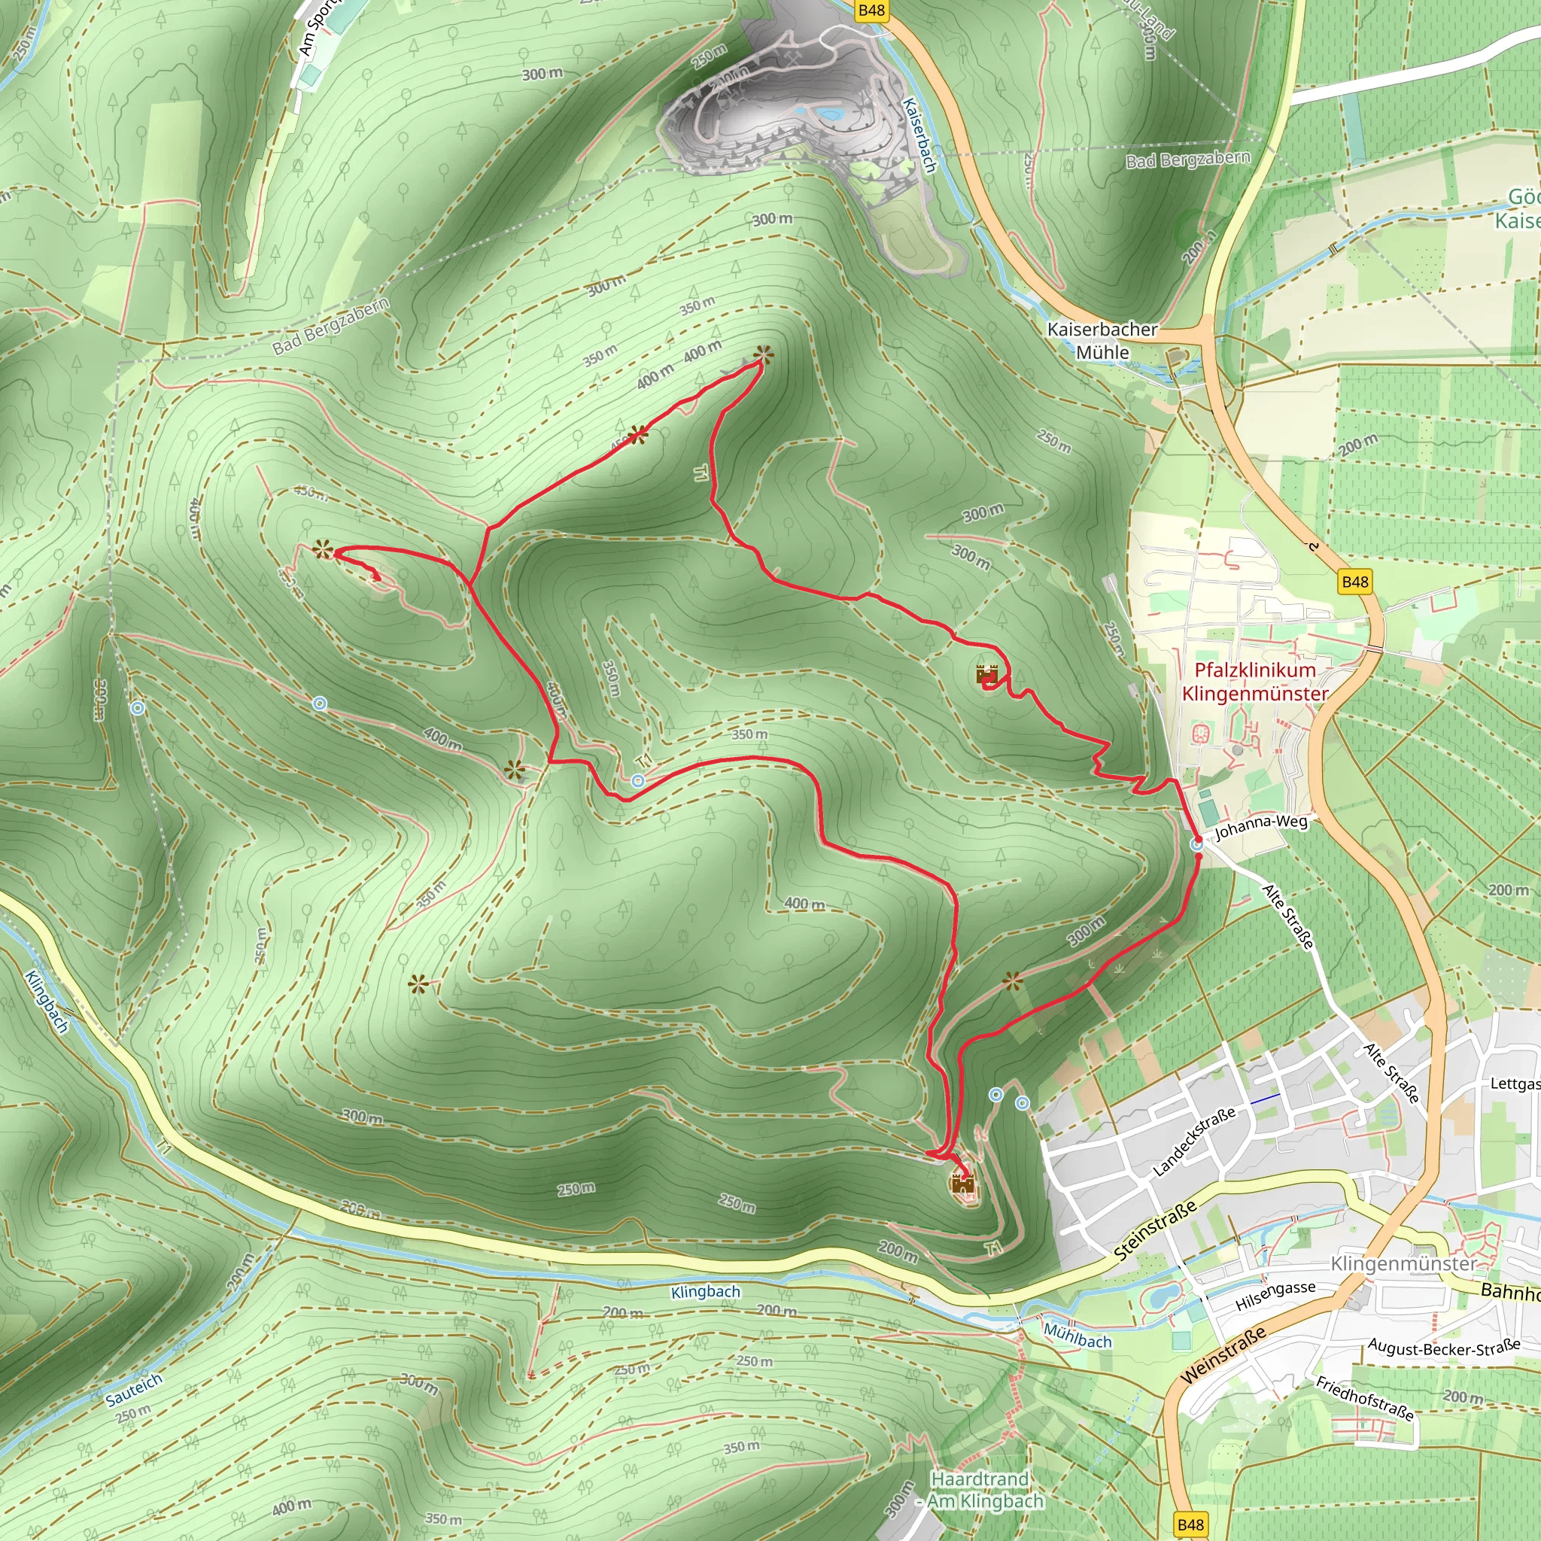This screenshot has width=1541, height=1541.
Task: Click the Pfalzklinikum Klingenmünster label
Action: click(1254, 682)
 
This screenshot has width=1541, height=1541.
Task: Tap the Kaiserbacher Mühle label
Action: click(1102, 341)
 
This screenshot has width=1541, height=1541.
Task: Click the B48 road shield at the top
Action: click(871, 11)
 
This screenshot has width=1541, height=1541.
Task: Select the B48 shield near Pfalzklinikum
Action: click(1355, 582)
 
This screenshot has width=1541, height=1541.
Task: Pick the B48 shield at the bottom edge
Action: click(1190, 1524)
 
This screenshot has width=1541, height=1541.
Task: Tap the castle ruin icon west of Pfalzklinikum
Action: click(987, 675)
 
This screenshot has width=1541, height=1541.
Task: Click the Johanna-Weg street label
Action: click(1261, 827)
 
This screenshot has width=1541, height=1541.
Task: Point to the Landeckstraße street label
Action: click(1194, 1141)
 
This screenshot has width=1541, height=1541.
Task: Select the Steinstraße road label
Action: click(1155, 1231)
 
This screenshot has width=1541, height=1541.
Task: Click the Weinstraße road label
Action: click(1223, 1355)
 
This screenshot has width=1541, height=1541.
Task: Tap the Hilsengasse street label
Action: click(1275, 1296)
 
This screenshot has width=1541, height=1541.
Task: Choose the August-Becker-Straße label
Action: click(1444, 1348)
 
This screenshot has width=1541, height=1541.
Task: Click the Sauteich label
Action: click(134, 1391)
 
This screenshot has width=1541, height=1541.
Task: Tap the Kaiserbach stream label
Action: click(919, 135)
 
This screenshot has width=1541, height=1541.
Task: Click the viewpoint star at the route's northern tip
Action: click(763, 356)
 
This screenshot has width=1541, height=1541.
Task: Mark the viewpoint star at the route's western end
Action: click(322, 549)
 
